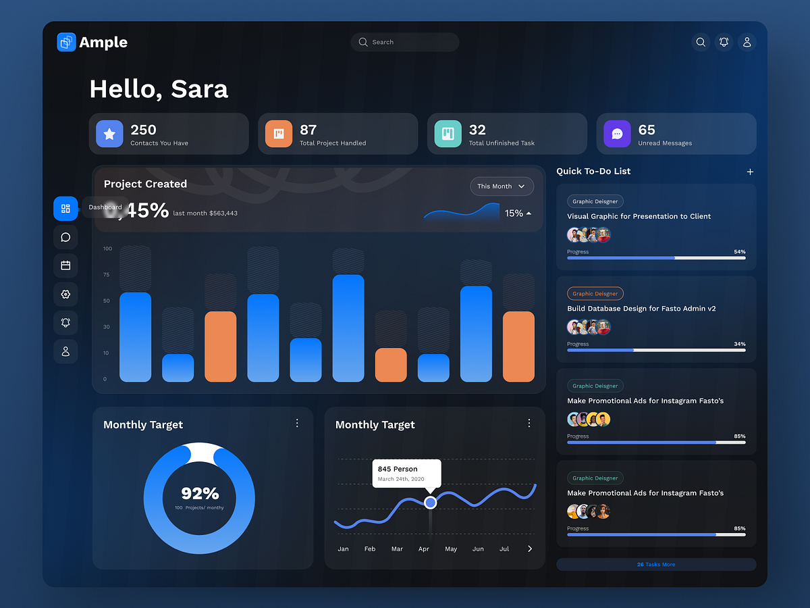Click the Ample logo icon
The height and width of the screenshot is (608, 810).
[66, 43]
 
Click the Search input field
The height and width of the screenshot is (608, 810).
[405, 42]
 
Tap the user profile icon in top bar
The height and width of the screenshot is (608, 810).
[747, 42]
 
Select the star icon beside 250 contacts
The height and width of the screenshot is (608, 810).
[109, 134]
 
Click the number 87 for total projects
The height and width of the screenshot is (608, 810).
[308, 130]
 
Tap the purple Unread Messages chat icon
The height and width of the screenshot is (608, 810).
[617, 134]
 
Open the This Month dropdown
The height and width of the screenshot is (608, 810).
[502, 186]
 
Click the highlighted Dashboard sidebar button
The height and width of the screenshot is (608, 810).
[65, 209]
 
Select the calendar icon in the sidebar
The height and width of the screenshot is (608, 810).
[65, 265]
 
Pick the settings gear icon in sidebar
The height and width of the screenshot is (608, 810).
[65, 295]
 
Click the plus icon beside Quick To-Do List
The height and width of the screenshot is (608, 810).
[750, 172]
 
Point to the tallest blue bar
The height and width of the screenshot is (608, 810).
[348, 328]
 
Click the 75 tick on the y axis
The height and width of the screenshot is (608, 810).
[106, 275]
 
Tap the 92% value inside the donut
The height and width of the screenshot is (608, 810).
[200, 493]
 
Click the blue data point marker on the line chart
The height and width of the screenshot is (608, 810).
[431, 503]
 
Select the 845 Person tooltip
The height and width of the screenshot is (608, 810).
[406, 473]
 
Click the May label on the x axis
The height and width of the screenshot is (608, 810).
[451, 549]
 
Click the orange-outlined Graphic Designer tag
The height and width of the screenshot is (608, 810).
[595, 294]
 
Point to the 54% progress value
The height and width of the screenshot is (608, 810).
[740, 252]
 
